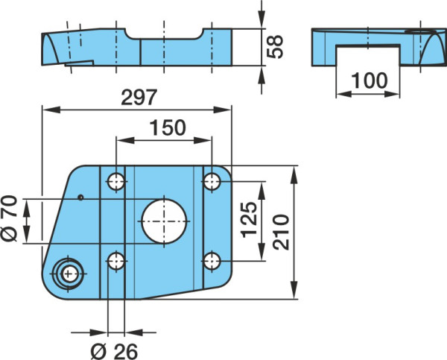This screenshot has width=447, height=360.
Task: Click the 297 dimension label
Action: click(x=139, y=97)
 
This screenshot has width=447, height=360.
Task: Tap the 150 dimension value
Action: click(x=168, y=127)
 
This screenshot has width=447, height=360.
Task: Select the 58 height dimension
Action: click(x=275, y=47)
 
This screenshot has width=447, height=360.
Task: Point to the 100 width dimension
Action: click(x=370, y=80)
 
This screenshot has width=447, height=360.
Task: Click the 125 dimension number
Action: click(x=249, y=220)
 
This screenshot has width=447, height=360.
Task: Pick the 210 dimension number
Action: click(x=281, y=233)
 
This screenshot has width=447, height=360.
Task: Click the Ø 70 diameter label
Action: click(x=9, y=218)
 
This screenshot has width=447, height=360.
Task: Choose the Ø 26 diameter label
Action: click(x=114, y=351)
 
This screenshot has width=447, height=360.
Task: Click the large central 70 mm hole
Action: click(x=164, y=221)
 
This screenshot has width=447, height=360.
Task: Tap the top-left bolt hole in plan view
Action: click(x=116, y=181)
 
